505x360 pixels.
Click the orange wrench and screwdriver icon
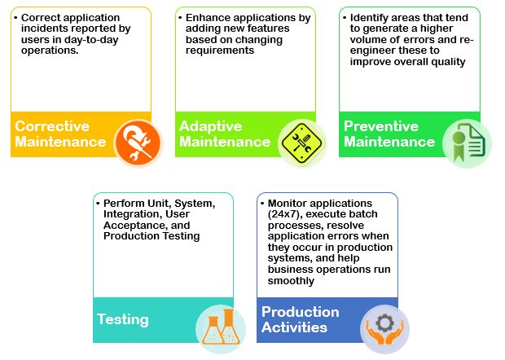(x=138, y=143)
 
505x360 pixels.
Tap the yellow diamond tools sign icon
(x=301, y=143)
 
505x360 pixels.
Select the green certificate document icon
(x=467, y=143)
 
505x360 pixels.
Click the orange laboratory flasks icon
(x=221, y=328)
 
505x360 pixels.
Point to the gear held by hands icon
(x=384, y=329)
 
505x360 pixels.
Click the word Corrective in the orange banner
(x=52, y=126)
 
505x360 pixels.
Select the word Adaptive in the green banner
(x=211, y=126)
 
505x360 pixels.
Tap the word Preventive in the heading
(x=381, y=126)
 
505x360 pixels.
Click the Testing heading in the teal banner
(x=123, y=320)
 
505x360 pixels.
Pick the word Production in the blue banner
(x=301, y=312)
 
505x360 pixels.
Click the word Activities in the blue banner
(x=294, y=327)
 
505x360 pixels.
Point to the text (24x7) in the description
(x=285, y=214)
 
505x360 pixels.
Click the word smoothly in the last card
(x=291, y=281)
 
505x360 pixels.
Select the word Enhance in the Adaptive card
(x=204, y=17)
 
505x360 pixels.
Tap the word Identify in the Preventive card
(x=368, y=18)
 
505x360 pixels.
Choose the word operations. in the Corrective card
(x=50, y=50)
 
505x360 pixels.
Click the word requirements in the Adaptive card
(x=220, y=50)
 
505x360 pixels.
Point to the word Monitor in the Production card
(x=288, y=204)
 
